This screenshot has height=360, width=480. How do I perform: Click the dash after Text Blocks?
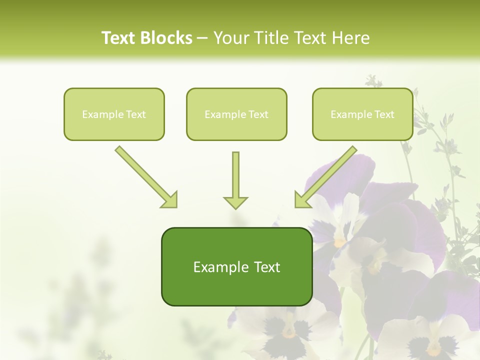pyautogui.click(x=202, y=38)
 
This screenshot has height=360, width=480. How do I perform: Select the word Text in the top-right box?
pyautogui.click(x=384, y=114)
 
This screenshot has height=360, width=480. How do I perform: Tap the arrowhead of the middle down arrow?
pyautogui.click(x=235, y=202)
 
